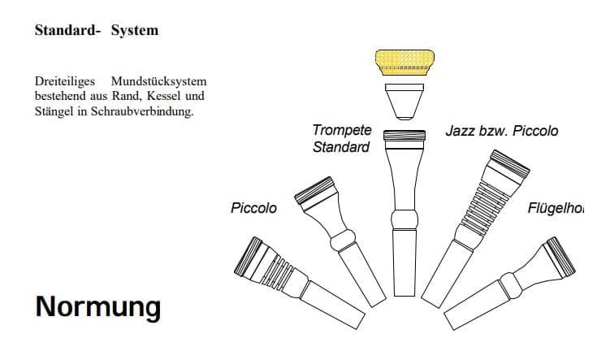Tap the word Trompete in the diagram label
click(x=342, y=130)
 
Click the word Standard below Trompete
click(x=341, y=147)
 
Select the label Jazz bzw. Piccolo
click(x=501, y=131)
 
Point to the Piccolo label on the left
click(x=253, y=208)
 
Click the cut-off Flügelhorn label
click(x=561, y=208)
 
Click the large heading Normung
click(x=97, y=307)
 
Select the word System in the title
click(x=135, y=31)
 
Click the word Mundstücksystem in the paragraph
click(x=164, y=82)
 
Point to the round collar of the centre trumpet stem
click(x=405, y=220)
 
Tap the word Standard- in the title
click(x=67, y=31)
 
